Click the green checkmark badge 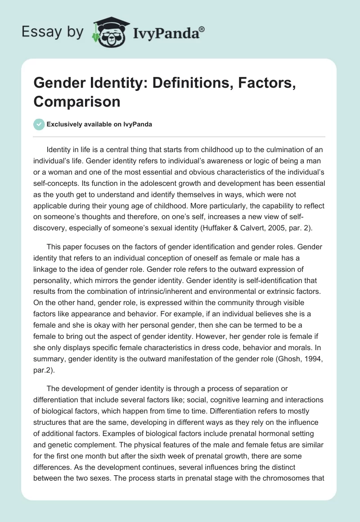[x=39, y=124]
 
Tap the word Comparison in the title [x=77, y=101]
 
